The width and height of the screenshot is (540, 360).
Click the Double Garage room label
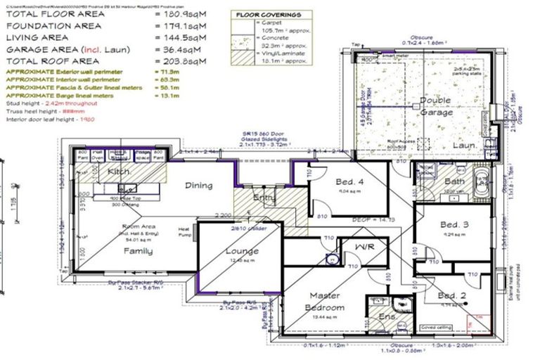(435, 106)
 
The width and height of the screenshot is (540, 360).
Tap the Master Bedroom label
(324, 301)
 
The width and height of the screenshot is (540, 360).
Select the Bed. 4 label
(349, 179)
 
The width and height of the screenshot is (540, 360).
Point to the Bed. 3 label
(454, 225)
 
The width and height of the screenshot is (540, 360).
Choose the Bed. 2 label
(451, 295)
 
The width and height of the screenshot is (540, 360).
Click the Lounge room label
(241, 251)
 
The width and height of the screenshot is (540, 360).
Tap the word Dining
(198, 186)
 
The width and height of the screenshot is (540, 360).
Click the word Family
(138, 251)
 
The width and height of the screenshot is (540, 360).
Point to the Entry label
(264, 198)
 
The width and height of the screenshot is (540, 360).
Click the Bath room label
(455, 181)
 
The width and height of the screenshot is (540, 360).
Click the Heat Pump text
(184, 232)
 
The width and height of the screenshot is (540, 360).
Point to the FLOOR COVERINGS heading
(269, 14)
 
